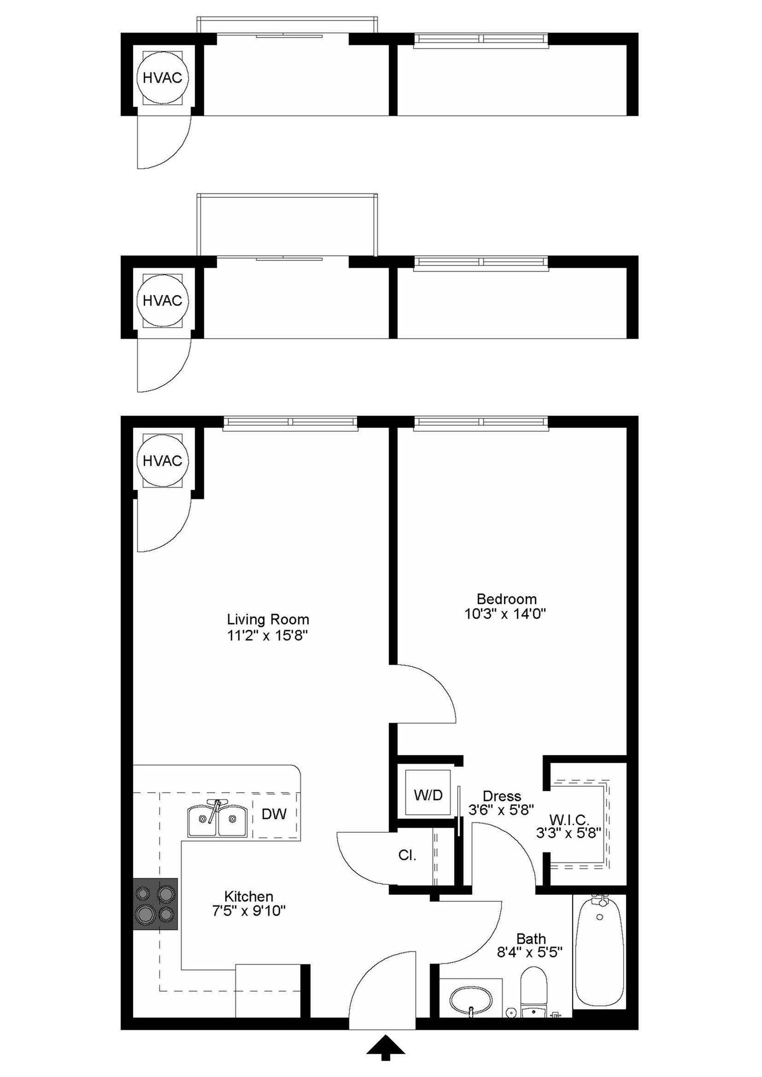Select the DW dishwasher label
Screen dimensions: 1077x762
(x=274, y=814)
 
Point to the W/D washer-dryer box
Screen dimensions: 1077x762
(x=428, y=795)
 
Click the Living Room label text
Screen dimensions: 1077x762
(x=268, y=619)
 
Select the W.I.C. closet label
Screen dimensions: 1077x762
(x=569, y=819)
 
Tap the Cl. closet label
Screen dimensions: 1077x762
(x=407, y=855)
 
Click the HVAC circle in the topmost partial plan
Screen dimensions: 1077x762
(x=162, y=78)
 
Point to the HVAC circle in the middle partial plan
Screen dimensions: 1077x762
(x=162, y=301)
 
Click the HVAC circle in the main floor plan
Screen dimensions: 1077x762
(x=162, y=461)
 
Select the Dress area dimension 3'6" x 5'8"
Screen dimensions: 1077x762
(x=501, y=809)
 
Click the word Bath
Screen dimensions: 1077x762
(x=530, y=939)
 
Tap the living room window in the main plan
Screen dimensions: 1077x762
(x=290, y=423)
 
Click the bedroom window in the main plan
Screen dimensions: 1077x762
(x=481, y=423)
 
